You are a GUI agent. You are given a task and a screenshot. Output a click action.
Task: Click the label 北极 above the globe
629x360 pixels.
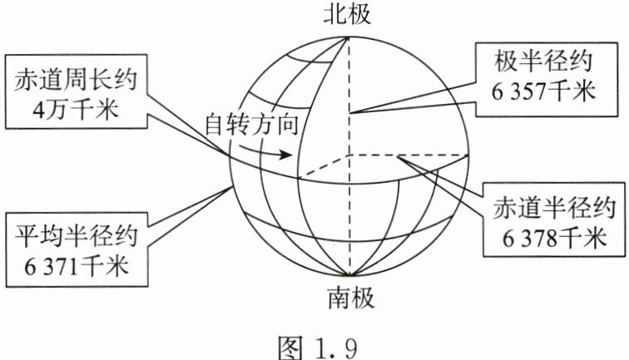pyautogui.click(x=349, y=13)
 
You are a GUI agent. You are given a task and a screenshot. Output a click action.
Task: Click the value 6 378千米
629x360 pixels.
pyautogui.click(x=551, y=239)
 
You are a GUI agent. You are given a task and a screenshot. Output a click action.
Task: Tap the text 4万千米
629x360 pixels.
pyautogui.click(x=76, y=108)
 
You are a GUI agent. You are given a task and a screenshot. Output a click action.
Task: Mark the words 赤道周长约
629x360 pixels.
pyautogui.click(x=76, y=78)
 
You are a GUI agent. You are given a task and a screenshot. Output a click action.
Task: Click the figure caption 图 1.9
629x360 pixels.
pyautogui.click(x=315, y=341)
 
